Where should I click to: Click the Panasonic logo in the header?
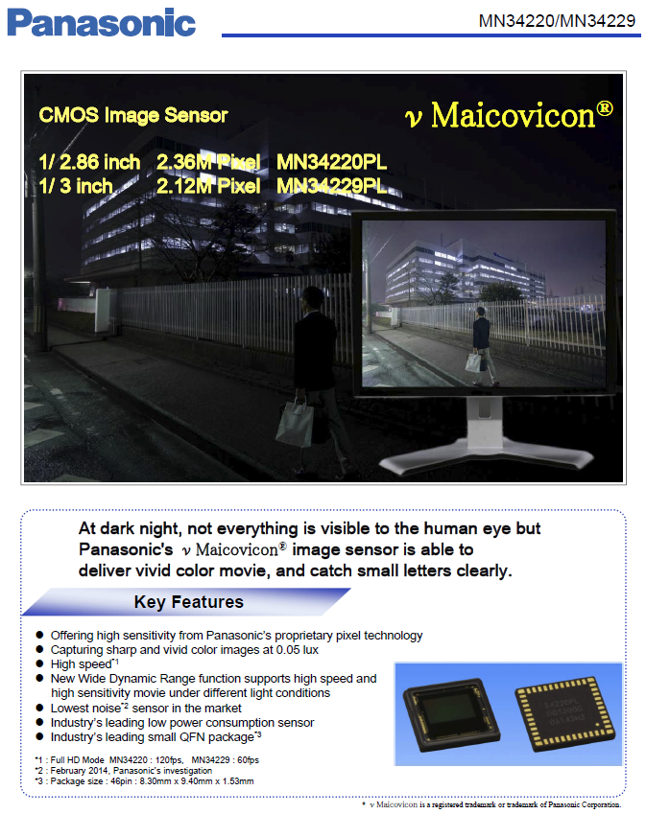[102, 23]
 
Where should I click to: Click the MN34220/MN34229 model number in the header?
[557, 21]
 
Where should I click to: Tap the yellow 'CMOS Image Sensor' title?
[133, 115]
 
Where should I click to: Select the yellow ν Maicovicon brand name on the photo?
[509, 114]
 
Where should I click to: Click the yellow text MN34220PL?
[331, 162]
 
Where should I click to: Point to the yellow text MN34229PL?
[331, 186]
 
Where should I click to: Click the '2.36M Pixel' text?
[208, 162]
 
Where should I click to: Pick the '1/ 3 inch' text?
[76, 186]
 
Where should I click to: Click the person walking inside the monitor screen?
[482, 345]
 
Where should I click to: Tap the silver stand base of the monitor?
[486, 454]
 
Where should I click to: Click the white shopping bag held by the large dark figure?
[296, 422]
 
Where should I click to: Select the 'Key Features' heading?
[189, 602]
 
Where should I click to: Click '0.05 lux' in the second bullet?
[298, 649]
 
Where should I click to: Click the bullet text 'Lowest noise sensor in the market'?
[146, 708]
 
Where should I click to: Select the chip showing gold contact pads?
[564, 712]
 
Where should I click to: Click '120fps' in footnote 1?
[169, 760]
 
